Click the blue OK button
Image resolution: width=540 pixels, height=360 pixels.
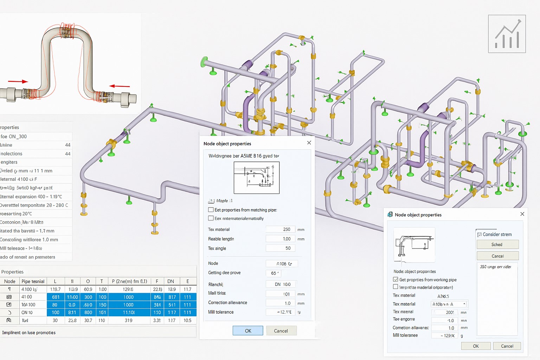pyautogui.click(x=248, y=331)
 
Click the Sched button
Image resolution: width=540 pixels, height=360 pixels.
pyautogui.click(x=497, y=244)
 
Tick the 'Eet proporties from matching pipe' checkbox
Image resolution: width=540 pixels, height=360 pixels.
pyautogui.click(x=211, y=210)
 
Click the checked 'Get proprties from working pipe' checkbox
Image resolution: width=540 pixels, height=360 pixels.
pyautogui.click(x=396, y=279)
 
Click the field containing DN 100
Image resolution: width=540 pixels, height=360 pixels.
pyautogui.click(x=282, y=284)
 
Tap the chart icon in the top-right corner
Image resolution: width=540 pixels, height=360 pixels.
pyautogui.click(x=507, y=34)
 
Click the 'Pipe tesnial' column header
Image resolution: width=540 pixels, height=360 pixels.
pyautogui.click(x=33, y=281)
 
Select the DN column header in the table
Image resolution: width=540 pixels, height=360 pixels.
pyautogui.click(x=171, y=281)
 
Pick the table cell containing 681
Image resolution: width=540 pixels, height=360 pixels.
pyautogui.click(x=56, y=297)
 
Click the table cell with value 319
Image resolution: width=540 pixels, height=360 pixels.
pyautogui.click(x=128, y=320)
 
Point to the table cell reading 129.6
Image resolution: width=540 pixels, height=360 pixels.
pyautogui.click(x=128, y=289)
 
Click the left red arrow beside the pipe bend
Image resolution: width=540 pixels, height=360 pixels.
pyautogui.click(x=18, y=82)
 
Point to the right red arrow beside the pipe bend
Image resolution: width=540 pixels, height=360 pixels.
pyautogui.click(x=120, y=86)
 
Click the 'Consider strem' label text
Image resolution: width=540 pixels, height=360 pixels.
pyautogui.click(x=497, y=234)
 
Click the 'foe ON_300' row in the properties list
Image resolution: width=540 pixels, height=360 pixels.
pyautogui.click(x=35, y=136)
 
